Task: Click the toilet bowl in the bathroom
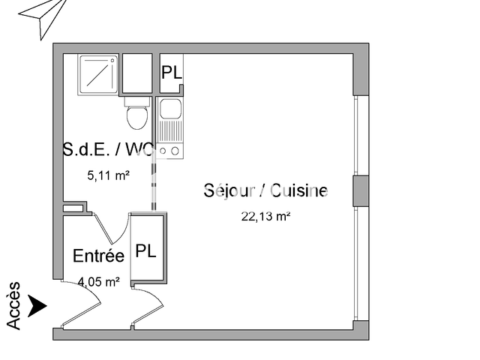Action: tap(137, 117)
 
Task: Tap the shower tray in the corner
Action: tap(98, 75)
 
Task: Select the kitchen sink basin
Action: tap(170, 109)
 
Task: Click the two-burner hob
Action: tap(170, 151)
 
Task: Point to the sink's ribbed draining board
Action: tap(170, 131)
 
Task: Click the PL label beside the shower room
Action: tap(172, 72)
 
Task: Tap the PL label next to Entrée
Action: tap(145, 251)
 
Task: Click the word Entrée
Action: tap(98, 256)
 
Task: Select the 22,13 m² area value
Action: tap(265, 217)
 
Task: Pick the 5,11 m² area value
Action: tap(108, 175)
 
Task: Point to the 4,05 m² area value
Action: tap(98, 282)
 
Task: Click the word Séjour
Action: tap(229, 190)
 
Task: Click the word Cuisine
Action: tap(299, 190)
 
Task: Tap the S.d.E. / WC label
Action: tap(108, 149)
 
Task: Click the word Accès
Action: tap(13, 306)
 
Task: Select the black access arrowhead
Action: tap(37, 306)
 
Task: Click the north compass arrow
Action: tap(43, 16)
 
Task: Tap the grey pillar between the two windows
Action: tap(361, 191)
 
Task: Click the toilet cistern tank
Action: tap(137, 101)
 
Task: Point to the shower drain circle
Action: tap(112, 61)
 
